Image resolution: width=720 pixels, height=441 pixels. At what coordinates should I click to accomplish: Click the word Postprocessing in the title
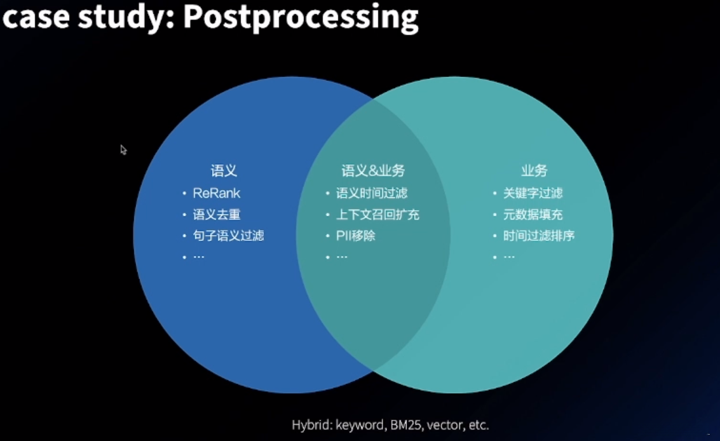click(x=301, y=17)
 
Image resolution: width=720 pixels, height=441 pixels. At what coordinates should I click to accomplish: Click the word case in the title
click(x=36, y=17)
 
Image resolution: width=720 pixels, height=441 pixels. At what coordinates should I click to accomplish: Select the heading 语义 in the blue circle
click(x=224, y=171)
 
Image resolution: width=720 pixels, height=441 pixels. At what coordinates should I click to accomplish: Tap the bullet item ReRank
click(x=217, y=193)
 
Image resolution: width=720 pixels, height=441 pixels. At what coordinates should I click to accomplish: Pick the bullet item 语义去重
click(x=217, y=215)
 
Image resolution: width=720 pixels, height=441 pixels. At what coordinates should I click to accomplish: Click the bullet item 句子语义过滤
click(x=228, y=236)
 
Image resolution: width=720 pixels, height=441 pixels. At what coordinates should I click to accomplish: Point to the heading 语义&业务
click(x=373, y=171)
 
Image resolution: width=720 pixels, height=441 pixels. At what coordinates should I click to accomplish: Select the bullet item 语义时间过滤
click(x=372, y=193)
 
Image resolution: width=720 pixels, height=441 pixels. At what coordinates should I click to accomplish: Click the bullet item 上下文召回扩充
click(x=377, y=215)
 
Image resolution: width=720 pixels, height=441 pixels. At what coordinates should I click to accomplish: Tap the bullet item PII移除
click(x=356, y=236)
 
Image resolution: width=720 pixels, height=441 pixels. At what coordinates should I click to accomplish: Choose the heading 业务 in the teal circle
click(x=534, y=171)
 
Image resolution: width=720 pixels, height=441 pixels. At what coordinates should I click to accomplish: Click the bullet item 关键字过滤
click(x=533, y=193)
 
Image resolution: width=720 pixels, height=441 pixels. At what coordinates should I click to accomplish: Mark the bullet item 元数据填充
click(x=533, y=215)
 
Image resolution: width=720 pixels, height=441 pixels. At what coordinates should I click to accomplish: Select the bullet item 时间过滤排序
click(x=539, y=236)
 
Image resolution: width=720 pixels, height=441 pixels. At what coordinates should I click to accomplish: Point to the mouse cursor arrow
click(x=123, y=149)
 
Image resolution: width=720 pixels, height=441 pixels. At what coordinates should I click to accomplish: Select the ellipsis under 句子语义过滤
click(x=198, y=257)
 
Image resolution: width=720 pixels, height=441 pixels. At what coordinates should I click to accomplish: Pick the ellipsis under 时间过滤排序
click(x=509, y=257)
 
